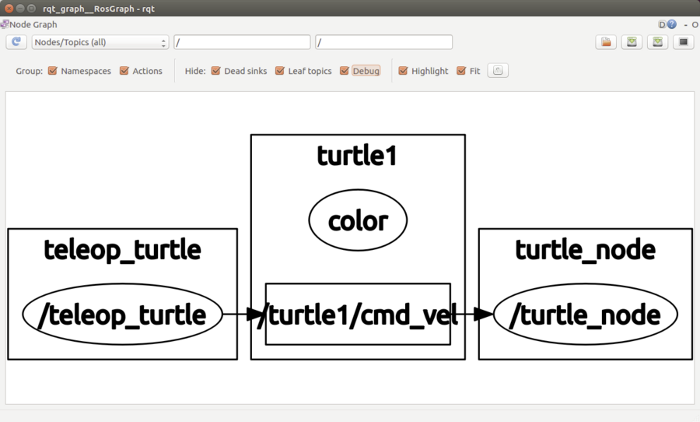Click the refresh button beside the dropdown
point(16,42)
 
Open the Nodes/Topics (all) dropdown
point(100,42)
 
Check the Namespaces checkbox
point(53,71)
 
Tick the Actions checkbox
point(124,71)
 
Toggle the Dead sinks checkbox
point(216,71)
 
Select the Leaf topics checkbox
point(280,71)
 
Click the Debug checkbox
point(345,71)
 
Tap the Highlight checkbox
point(403,71)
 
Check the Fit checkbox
point(461,71)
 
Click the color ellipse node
point(358,220)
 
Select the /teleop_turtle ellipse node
point(122,315)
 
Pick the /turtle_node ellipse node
point(585,315)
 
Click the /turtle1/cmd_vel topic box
point(358,314)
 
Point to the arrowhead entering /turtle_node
point(484,314)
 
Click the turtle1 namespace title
point(357,156)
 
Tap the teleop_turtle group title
point(122,249)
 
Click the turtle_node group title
point(585,249)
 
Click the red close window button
point(9,8)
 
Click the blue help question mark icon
point(671,24)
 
